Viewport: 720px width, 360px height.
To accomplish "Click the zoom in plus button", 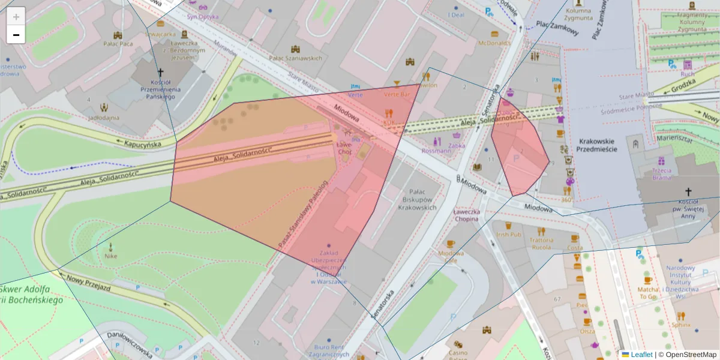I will click(16, 17).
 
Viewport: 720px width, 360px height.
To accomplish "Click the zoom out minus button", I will click(16, 35).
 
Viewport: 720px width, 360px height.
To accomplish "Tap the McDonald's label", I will click(494, 43).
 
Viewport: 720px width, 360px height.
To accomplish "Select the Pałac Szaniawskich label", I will click(295, 58).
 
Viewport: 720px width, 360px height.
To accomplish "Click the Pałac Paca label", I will click(118, 43).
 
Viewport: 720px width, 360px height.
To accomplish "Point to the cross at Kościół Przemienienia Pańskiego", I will click(160, 71).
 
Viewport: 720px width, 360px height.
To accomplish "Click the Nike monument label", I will click(110, 256).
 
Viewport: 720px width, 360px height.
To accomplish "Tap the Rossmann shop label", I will click(436, 151).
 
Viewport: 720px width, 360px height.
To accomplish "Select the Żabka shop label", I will click(456, 145).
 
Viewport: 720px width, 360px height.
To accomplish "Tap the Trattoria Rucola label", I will click(541, 242).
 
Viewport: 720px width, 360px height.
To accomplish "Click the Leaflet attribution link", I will click(641, 355).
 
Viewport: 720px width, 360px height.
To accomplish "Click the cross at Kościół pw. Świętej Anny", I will click(688, 192).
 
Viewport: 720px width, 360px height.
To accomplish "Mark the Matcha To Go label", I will click(647, 292).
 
